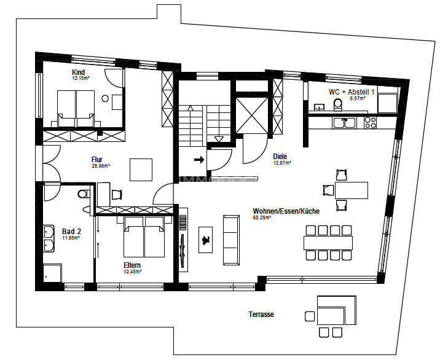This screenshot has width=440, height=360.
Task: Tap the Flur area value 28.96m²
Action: [100, 166]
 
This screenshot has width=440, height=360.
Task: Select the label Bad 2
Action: [71, 232]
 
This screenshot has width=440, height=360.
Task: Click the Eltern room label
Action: [132, 266]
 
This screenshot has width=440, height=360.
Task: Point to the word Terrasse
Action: [261, 314]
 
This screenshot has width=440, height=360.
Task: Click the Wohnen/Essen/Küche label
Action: [286, 211]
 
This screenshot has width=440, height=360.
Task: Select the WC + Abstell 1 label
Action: [352, 92]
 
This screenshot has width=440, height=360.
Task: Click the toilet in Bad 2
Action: [84, 195]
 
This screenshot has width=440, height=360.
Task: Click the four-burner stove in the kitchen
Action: [370, 122]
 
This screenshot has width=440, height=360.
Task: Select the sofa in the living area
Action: [231, 239]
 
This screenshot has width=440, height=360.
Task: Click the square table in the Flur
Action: [141, 170]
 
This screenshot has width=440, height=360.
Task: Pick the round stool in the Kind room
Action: [105, 98]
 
